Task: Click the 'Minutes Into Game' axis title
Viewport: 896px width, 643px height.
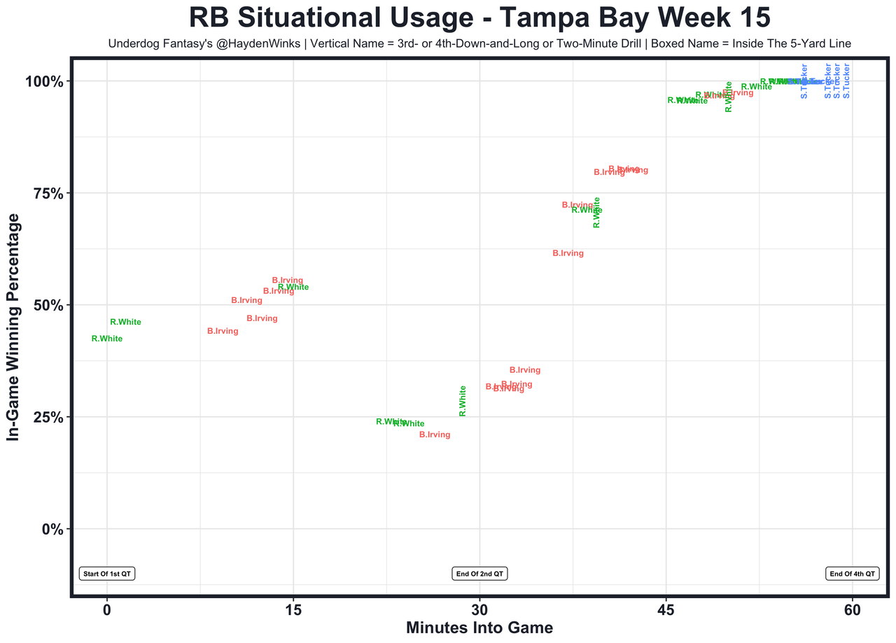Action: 479,628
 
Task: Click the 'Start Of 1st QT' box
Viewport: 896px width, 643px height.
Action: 106,574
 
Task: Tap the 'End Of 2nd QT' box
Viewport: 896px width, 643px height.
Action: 479,574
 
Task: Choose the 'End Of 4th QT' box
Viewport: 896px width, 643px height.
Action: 852,574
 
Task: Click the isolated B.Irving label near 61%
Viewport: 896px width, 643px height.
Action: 568,253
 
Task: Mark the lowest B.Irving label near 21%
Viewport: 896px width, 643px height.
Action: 434,434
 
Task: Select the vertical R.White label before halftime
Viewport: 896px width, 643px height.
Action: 463,401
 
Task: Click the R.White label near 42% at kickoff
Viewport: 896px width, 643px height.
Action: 107,339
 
